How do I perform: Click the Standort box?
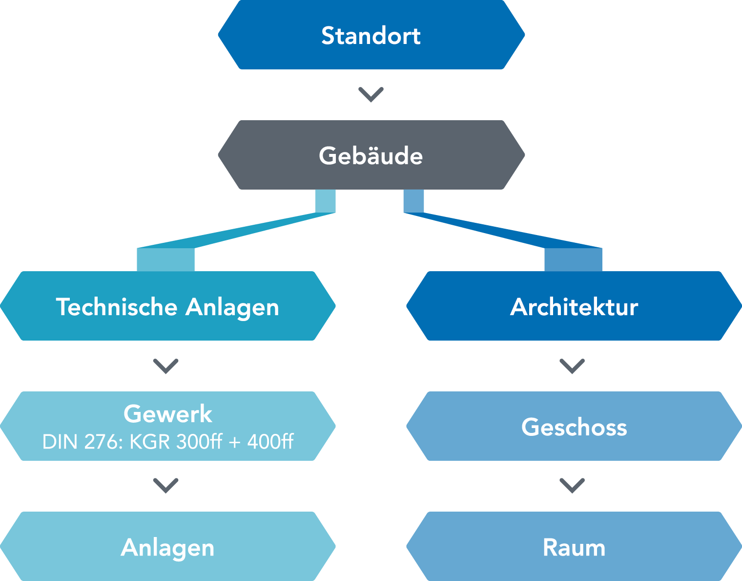pyautogui.click(x=371, y=35)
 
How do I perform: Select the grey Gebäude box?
pyautogui.click(x=371, y=155)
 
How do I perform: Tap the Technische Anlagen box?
pyautogui.click(x=168, y=306)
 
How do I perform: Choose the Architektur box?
pyautogui.click(x=574, y=306)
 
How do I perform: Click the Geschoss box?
pyautogui.click(x=574, y=427)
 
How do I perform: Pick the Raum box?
pyautogui.click(x=574, y=547)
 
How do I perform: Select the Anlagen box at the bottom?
pyautogui.click(x=168, y=547)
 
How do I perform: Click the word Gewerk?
pyautogui.click(x=168, y=414)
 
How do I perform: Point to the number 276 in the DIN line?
pyautogui.click(x=103, y=442)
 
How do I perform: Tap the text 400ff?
pyautogui.click(x=270, y=442)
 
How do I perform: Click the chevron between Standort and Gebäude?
pyautogui.click(x=371, y=94)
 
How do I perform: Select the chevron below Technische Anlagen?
pyautogui.click(x=166, y=366)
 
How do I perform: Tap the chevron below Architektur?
pyautogui.click(x=572, y=366)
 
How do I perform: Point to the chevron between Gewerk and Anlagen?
pyautogui.click(x=166, y=485)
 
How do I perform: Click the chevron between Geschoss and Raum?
pyautogui.click(x=572, y=485)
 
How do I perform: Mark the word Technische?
pyautogui.click(x=117, y=307)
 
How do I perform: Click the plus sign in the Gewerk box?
pyautogui.click(x=235, y=442)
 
